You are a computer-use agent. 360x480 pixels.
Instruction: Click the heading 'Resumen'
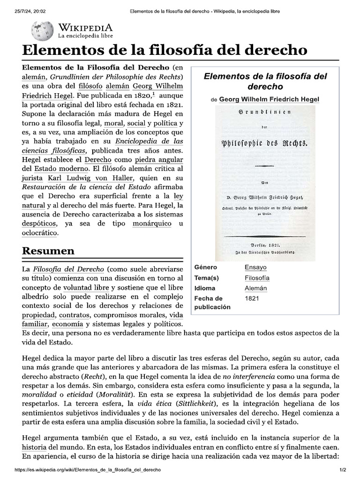click(x=48, y=251)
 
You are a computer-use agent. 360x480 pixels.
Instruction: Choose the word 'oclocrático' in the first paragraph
click(x=40, y=233)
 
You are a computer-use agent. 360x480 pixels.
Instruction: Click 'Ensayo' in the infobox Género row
click(x=255, y=267)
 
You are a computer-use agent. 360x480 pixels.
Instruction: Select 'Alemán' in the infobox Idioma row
click(x=256, y=288)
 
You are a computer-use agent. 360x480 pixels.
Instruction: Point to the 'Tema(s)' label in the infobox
click(x=207, y=278)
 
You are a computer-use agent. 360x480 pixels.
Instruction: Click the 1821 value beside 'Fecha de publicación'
click(x=252, y=298)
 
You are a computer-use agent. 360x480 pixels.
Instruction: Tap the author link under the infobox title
click(x=270, y=99)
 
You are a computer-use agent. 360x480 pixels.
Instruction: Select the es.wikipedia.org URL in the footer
click(x=88, y=470)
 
